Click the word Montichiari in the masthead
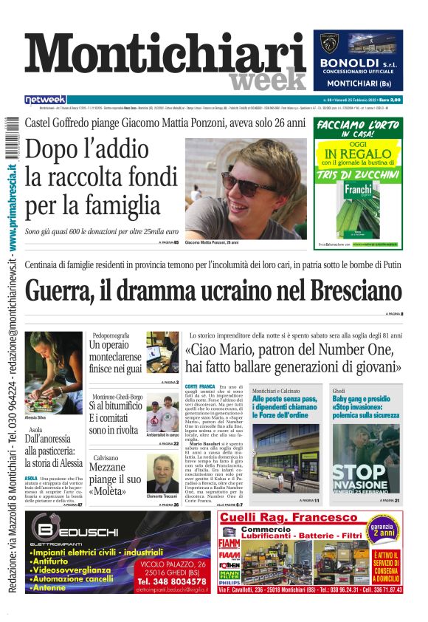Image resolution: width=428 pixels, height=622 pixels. click(x=166, y=57)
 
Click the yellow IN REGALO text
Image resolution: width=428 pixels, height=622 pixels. click(x=357, y=154)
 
